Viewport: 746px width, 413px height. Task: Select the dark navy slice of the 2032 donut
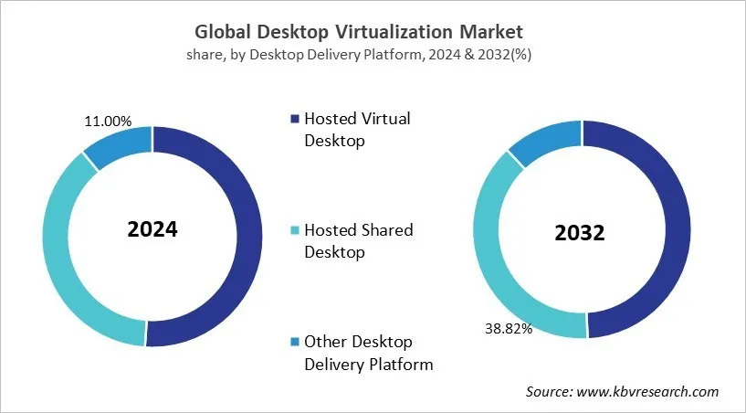(664, 228)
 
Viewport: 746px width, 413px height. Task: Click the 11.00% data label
(108, 121)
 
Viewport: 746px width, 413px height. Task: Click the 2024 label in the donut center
(152, 228)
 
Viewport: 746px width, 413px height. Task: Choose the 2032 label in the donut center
(580, 232)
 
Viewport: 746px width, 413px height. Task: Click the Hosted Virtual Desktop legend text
(357, 130)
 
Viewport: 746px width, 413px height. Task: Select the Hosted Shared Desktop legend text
(358, 241)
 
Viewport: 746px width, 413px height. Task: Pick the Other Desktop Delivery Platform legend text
(368, 353)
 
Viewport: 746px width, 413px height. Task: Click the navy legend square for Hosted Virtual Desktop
(294, 119)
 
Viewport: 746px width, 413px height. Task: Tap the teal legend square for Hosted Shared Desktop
(294, 230)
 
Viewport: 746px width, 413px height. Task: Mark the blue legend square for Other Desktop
(294, 342)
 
